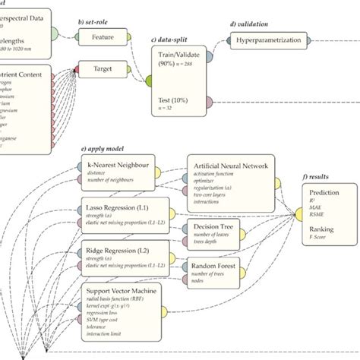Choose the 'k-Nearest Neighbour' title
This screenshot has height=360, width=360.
117,162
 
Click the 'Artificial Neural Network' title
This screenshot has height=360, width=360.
233,166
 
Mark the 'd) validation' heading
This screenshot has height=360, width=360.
253,24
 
